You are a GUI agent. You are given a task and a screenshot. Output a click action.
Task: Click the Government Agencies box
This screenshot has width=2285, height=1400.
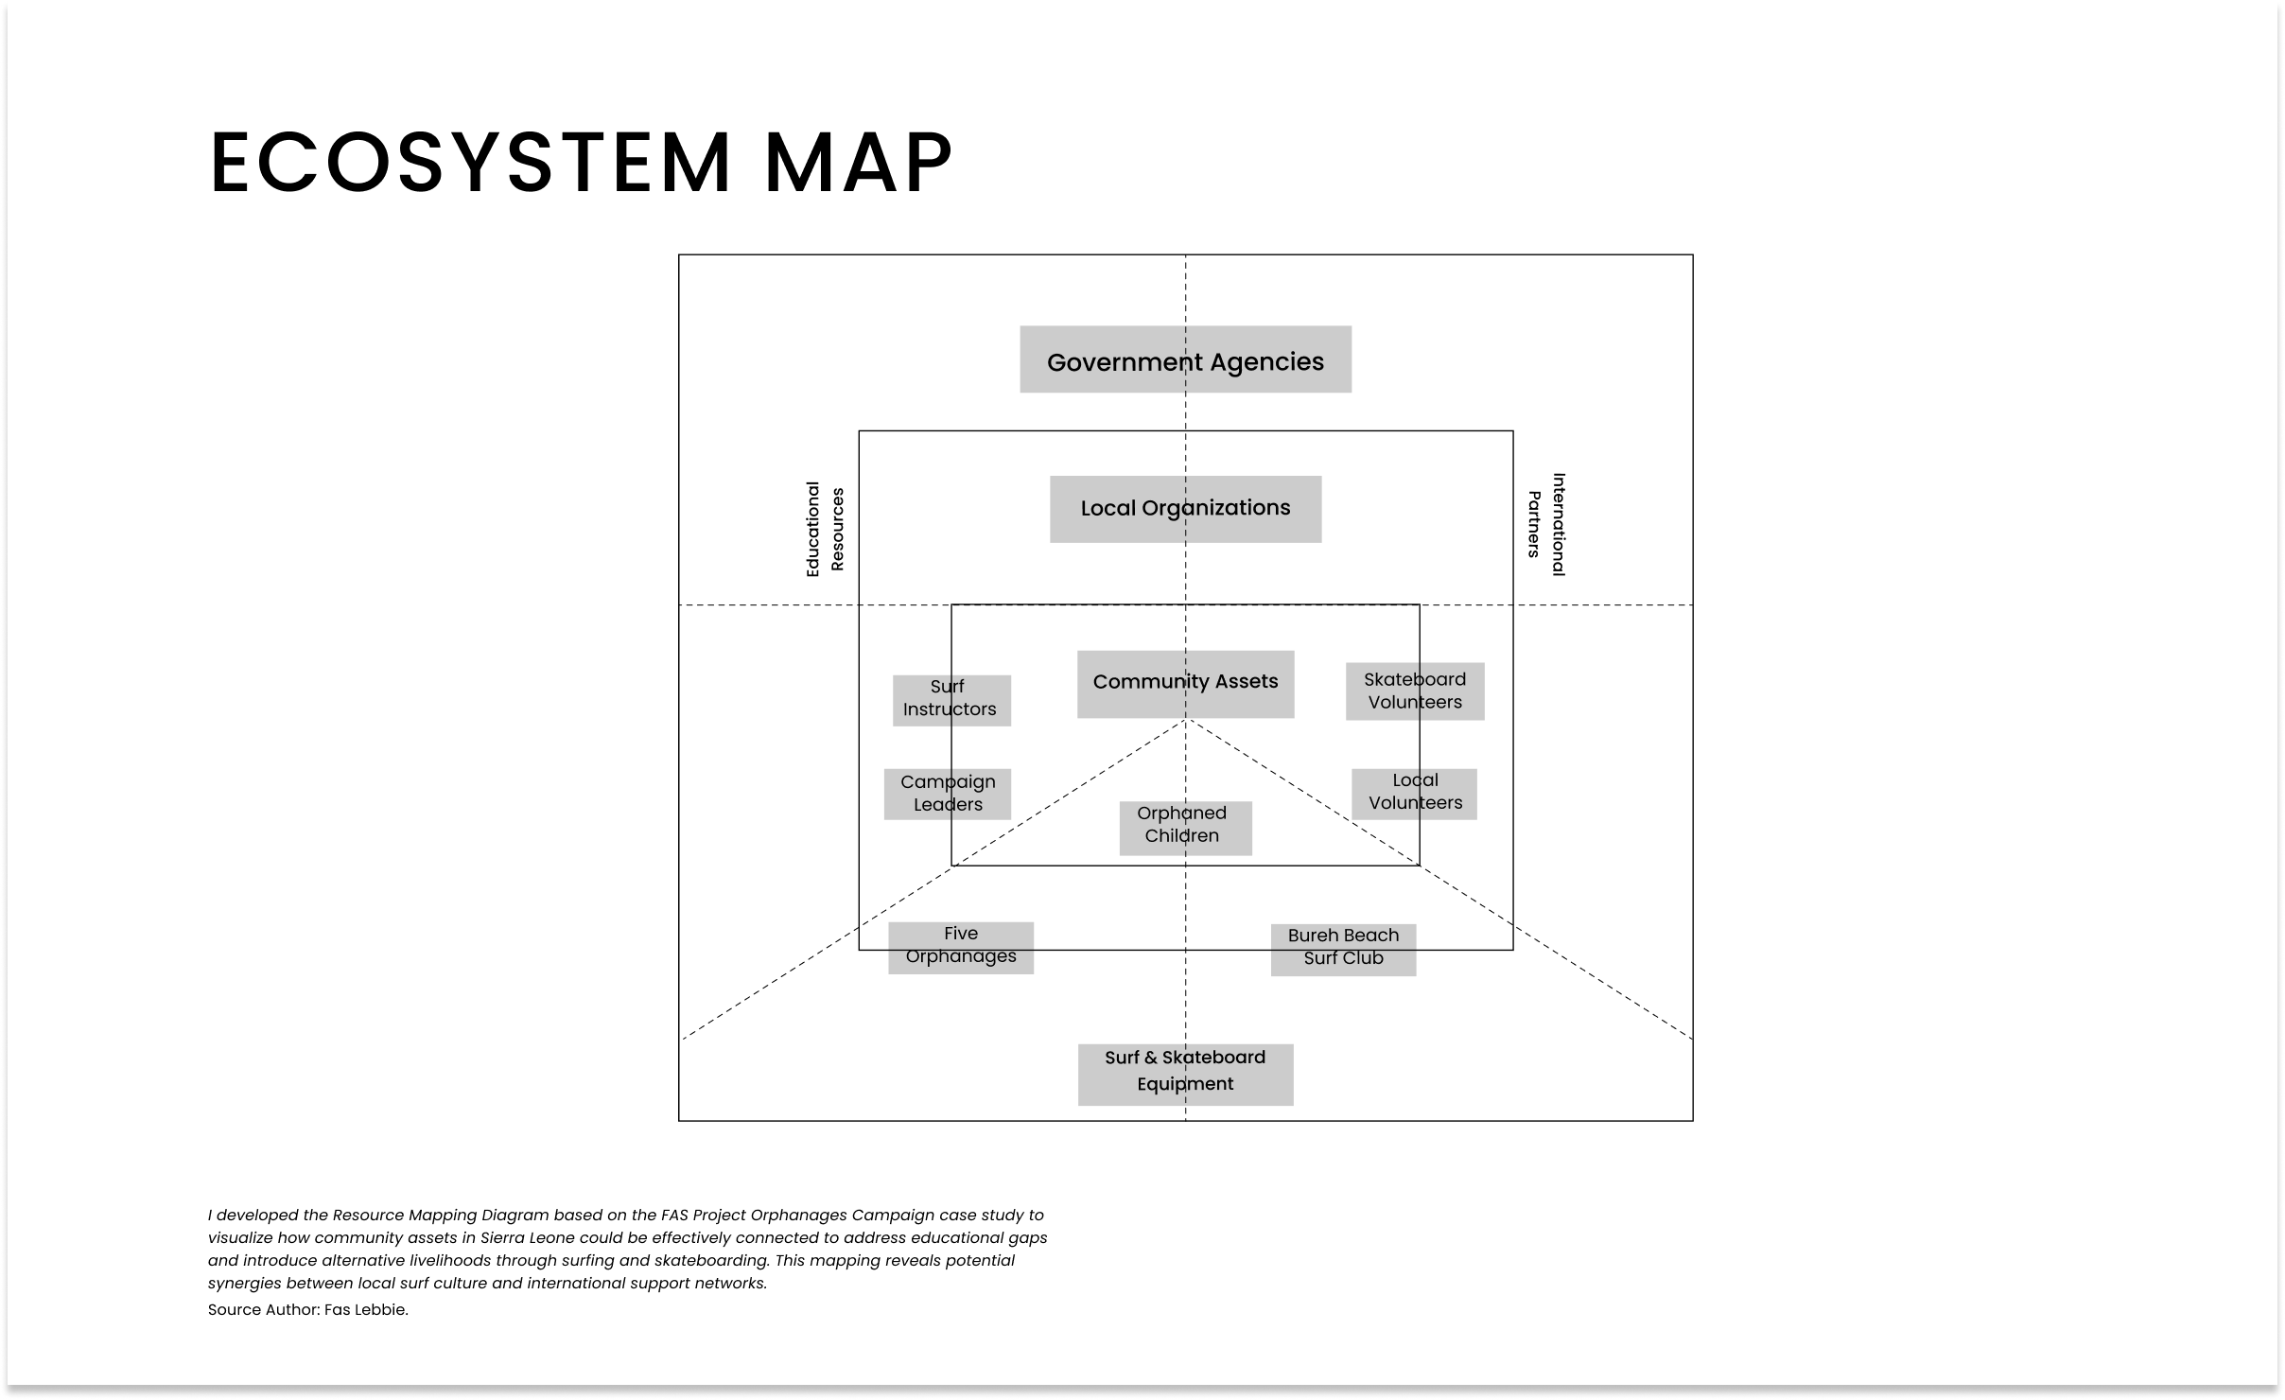pyautogui.click(x=1185, y=359)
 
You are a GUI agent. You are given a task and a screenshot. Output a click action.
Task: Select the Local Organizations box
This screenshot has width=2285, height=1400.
pyautogui.click(x=1185, y=509)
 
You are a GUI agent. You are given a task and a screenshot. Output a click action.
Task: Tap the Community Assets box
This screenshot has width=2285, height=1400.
pyautogui.click(x=1185, y=684)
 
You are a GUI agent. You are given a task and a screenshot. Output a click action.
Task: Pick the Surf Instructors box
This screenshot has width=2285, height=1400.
pyautogui.click(x=951, y=701)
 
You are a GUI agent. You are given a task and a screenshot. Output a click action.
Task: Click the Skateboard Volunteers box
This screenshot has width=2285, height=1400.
pyautogui.click(x=1415, y=691)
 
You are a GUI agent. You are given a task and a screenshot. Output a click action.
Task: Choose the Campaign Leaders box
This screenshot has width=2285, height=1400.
pyautogui.click(x=948, y=794)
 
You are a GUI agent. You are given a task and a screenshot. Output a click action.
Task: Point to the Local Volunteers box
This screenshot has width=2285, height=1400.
pyautogui.click(x=1414, y=794)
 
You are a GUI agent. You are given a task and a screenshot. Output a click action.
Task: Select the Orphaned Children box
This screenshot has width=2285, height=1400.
pyautogui.click(x=1185, y=829)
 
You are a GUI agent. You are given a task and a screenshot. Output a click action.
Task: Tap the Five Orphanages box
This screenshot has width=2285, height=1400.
pyautogui.click(x=961, y=948)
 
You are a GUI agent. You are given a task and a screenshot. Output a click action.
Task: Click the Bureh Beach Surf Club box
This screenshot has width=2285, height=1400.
pyautogui.click(x=1343, y=950)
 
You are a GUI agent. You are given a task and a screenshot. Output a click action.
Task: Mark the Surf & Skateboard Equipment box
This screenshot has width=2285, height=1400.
pyautogui.click(x=1185, y=1075)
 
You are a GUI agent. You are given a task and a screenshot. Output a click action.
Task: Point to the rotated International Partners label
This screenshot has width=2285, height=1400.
pyautogui.click(x=1546, y=524)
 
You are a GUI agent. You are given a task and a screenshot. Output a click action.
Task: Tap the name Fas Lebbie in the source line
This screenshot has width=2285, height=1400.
pyautogui.click(x=366, y=1310)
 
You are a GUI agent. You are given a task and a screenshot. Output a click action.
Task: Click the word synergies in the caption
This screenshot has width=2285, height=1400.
pyautogui.click(x=245, y=1285)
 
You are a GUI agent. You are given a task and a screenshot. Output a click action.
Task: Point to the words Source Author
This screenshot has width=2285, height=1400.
pyautogui.click(x=264, y=1310)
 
